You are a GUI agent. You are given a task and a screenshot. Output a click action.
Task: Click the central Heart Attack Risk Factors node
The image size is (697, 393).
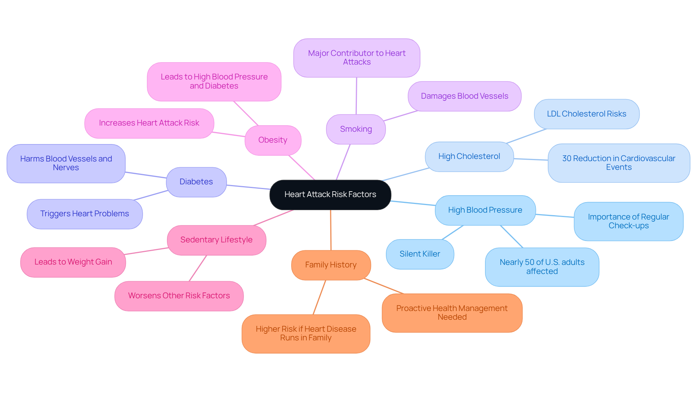(330, 195)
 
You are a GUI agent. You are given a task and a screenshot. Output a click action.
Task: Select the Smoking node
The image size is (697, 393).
(356, 129)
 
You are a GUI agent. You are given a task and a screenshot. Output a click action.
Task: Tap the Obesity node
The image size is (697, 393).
(273, 140)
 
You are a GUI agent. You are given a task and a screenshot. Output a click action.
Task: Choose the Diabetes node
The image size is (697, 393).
(196, 182)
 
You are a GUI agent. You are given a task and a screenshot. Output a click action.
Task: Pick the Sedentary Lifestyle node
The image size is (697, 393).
(216, 240)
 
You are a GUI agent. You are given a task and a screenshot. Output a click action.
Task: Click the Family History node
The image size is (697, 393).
(331, 265)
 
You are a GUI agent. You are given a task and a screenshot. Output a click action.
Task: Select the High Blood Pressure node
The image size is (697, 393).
(485, 210)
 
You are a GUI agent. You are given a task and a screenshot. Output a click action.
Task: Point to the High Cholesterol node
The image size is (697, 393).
(469, 156)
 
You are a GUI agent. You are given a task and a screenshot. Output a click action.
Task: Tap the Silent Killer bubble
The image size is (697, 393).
(420, 254)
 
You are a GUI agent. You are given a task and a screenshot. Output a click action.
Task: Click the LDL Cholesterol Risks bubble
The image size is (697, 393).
(586, 114)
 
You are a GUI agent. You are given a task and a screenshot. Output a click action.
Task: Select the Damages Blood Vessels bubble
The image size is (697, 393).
(464, 96)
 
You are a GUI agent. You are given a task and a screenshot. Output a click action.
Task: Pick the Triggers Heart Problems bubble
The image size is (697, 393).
(85, 214)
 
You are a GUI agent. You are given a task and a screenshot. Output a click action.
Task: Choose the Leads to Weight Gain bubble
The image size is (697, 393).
(73, 262)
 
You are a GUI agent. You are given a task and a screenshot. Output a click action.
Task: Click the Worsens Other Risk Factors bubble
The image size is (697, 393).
(179, 296)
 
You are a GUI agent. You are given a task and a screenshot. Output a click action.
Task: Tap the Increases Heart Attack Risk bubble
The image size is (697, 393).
(149, 123)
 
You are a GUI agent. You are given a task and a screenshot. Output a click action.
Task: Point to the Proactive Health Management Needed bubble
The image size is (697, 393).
(452, 312)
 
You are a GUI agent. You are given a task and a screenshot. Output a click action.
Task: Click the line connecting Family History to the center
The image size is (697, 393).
(331, 230)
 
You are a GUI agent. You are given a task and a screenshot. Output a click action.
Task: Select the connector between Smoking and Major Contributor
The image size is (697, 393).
(356, 96)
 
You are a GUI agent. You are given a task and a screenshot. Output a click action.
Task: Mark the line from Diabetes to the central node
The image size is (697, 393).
(248, 187)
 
